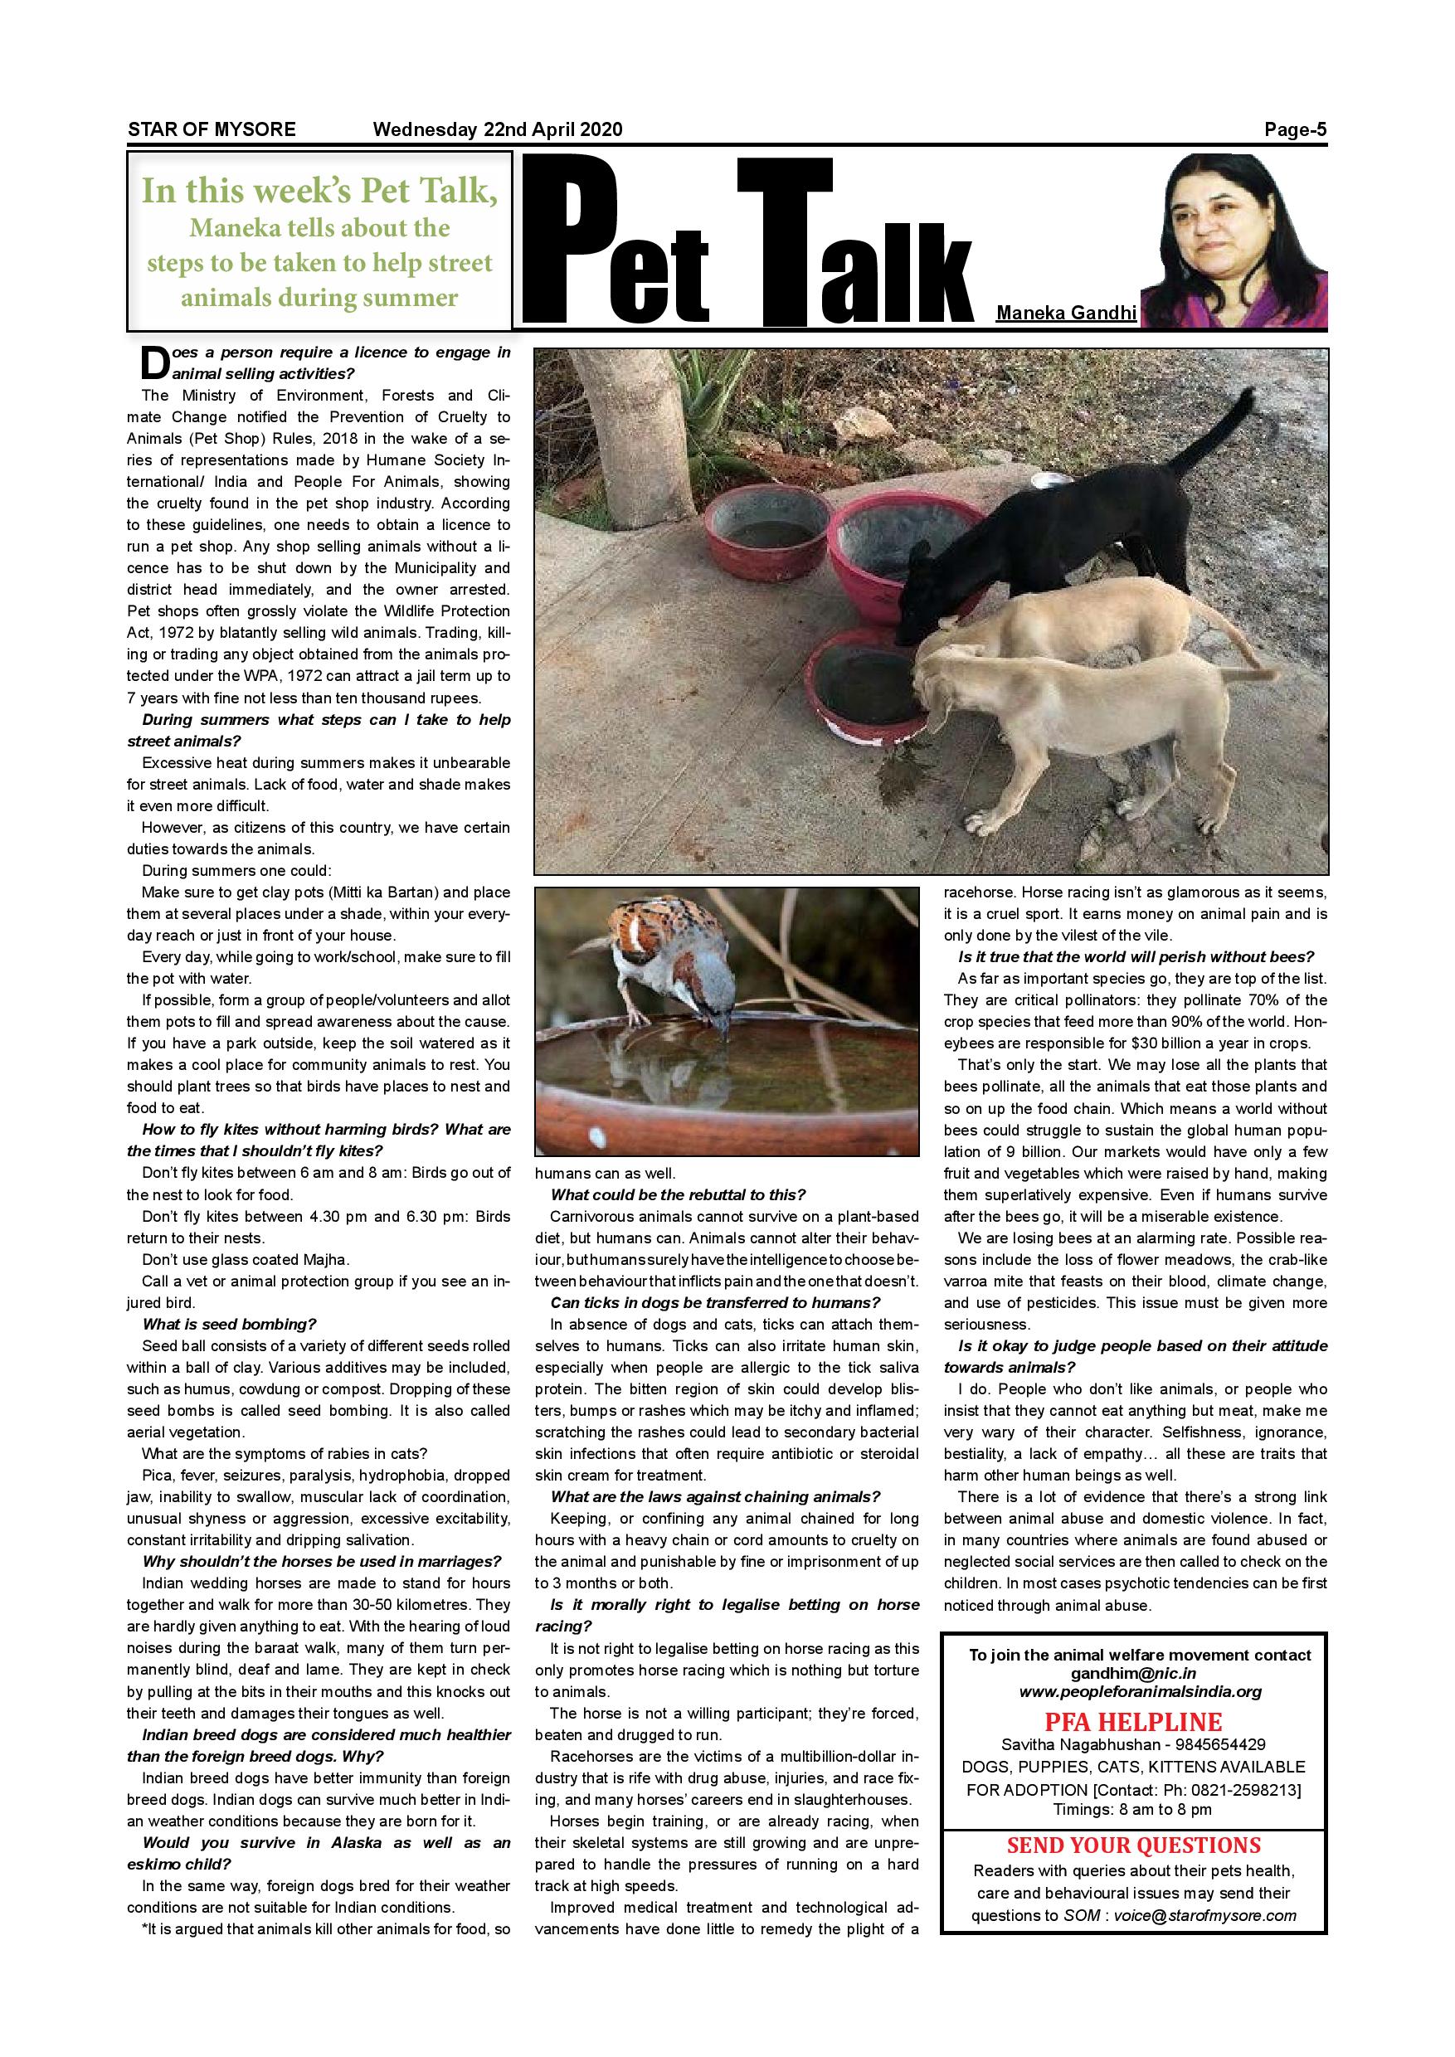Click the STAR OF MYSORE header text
[x=212, y=129]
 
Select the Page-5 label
[x=1295, y=130]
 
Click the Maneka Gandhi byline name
[x=1066, y=313]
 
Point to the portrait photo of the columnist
[x=1234, y=239]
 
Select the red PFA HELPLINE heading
[x=1132, y=1722]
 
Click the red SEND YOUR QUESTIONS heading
[x=1133, y=1845]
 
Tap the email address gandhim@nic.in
[x=1132, y=1674]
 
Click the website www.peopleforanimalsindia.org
[x=1140, y=1692]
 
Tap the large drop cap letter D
[x=155, y=362]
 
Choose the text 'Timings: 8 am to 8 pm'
[x=1132, y=1809]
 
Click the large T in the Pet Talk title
[x=784, y=237]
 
